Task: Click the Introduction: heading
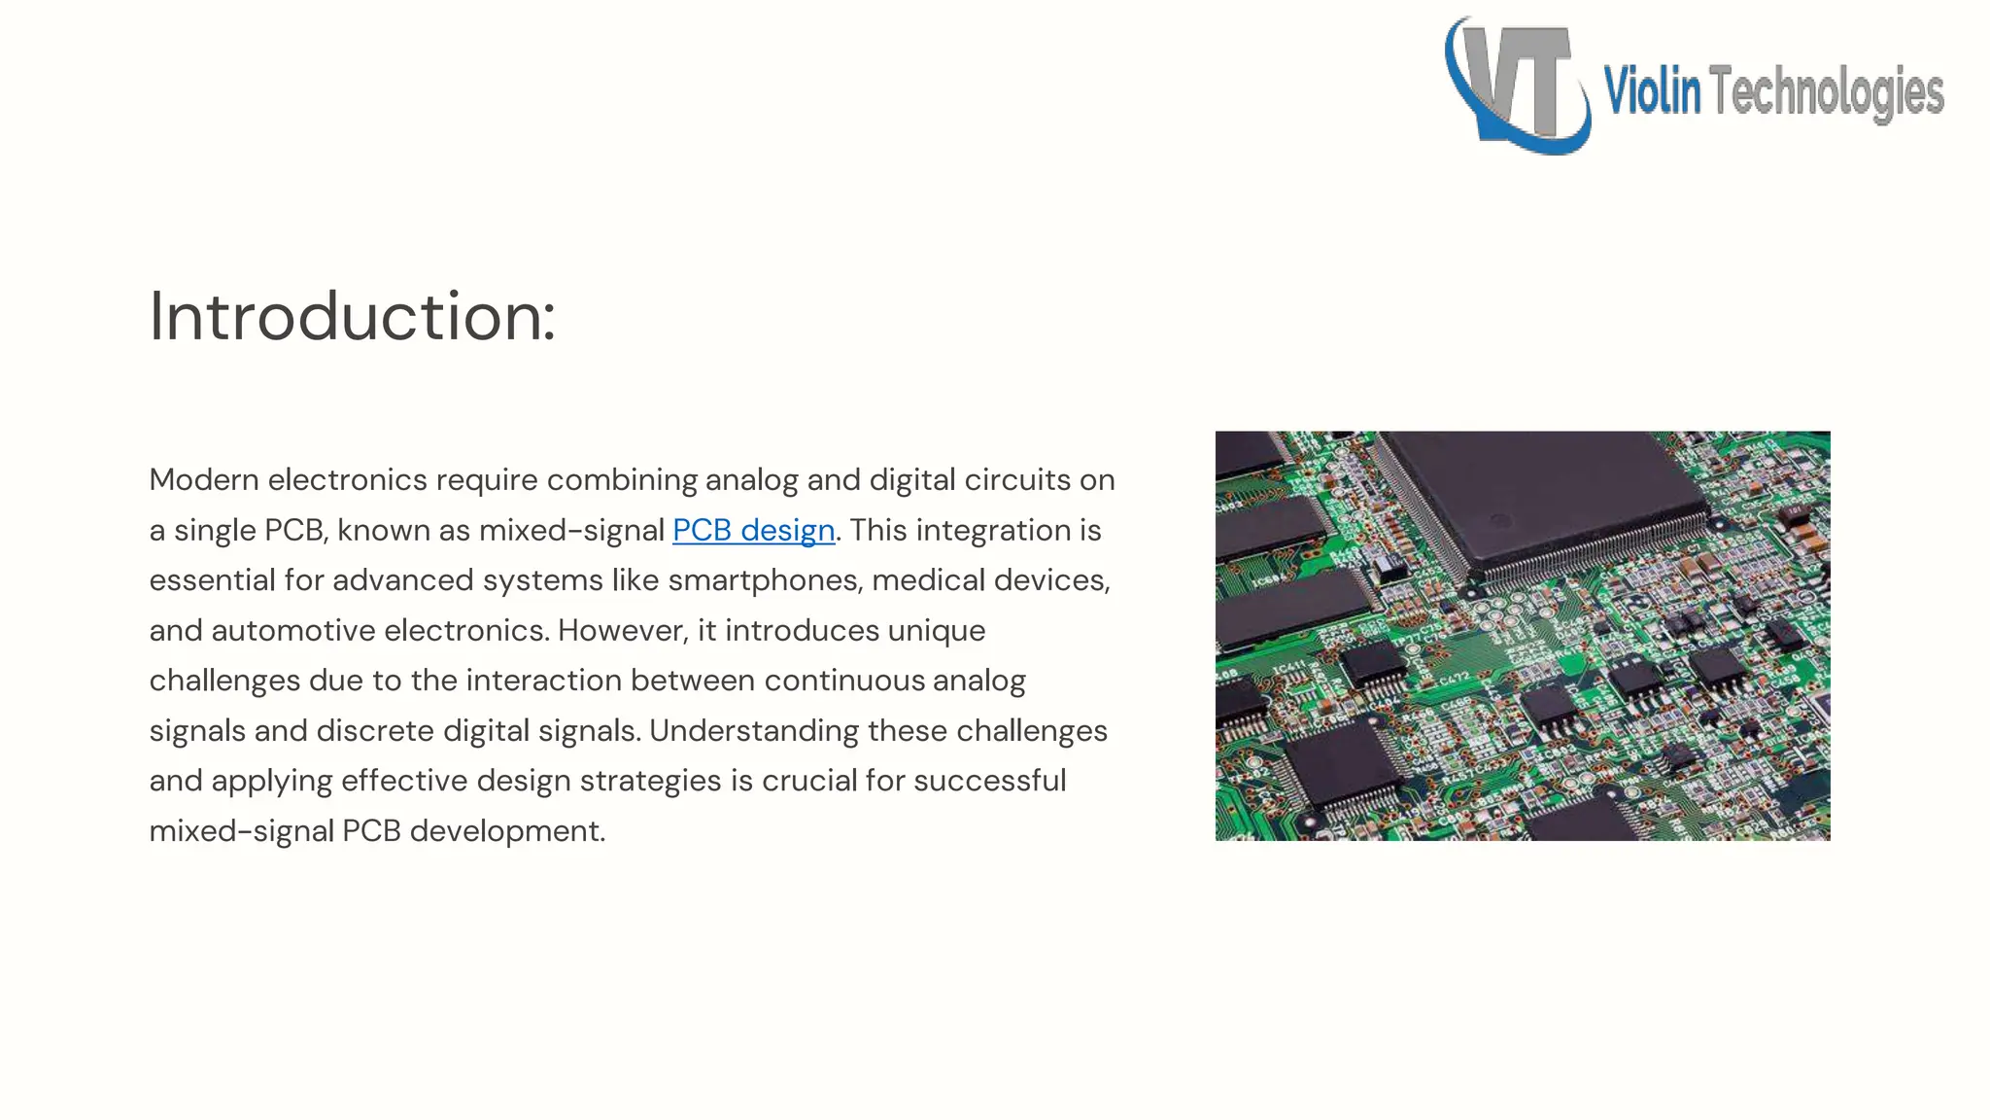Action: (x=352, y=317)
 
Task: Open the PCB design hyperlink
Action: (x=753, y=530)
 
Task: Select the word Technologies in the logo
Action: (x=1826, y=93)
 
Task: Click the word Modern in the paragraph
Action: (x=204, y=480)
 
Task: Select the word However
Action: (x=622, y=631)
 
